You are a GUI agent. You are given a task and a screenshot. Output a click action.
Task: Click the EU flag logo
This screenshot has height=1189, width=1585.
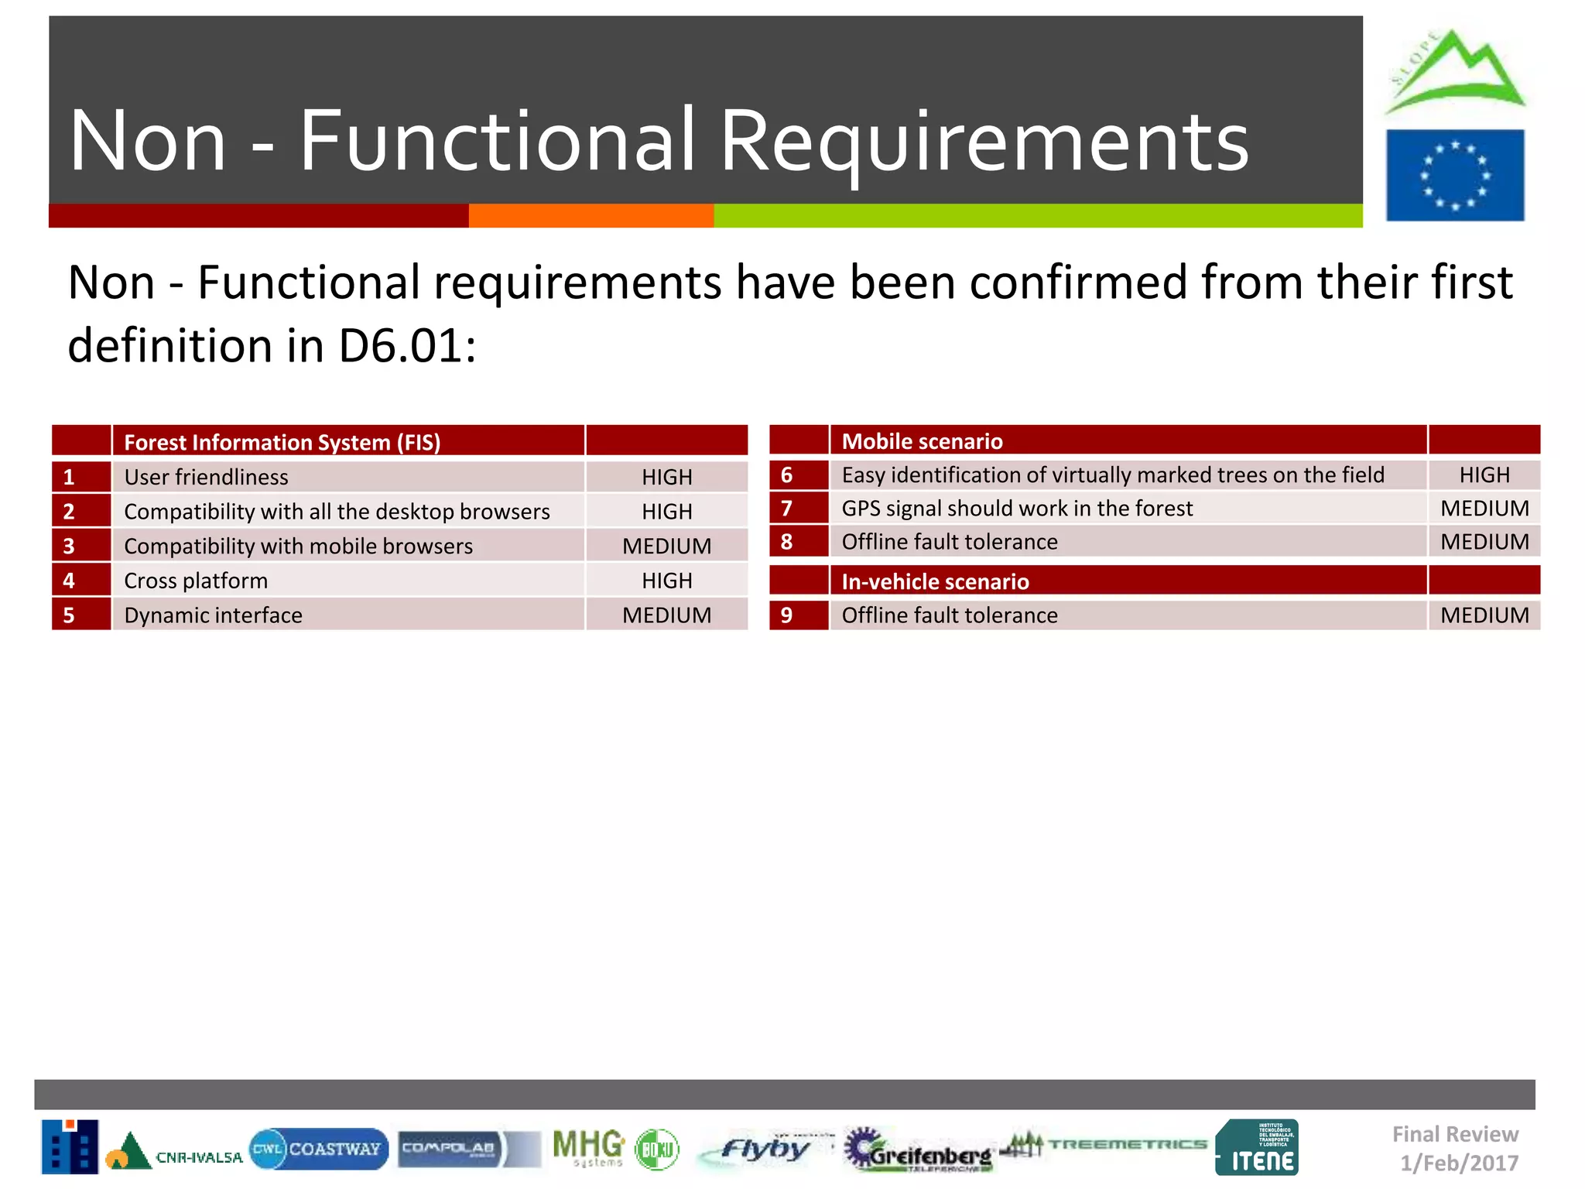pyautogui.click(x=1454, y=175)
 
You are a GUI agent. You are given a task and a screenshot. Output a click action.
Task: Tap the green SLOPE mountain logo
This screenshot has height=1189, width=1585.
pyautogui.click(x=1455, y=74)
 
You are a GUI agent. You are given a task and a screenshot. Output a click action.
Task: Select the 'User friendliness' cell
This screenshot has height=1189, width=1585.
pyautogui.click(x=206, y=477)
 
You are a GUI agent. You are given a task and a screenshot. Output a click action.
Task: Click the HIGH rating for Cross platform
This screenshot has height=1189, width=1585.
pyautogui.click(x=666, y=581)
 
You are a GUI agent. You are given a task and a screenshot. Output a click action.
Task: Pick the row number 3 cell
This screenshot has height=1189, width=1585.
pyautogui.click(x=80, y=546)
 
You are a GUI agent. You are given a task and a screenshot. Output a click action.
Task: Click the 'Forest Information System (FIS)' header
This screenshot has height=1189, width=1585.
pyautogui.click(x=282, y=442)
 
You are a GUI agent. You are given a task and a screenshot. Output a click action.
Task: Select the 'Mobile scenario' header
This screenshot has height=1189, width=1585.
pyautogui.click(x=922, y=441)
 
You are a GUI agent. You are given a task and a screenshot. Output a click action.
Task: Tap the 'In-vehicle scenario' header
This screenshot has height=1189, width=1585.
pyautogui.click(x=935, y=581)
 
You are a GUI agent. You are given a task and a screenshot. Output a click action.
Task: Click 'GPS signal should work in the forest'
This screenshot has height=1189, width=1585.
pyautogui.click(x=1017, y=509)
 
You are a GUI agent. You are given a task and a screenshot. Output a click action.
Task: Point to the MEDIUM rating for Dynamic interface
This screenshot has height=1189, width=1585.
pyautogui.click(x=666, y=615)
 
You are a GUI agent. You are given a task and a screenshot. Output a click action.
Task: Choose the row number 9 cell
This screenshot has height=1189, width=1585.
pyautogui.click(x=798, y=615)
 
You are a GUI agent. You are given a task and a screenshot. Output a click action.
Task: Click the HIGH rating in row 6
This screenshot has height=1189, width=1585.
pyautogui.click(x=1484, y=475)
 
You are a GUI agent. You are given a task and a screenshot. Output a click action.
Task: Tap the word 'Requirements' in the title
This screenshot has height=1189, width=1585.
pyautogui.click(x=984, y=141)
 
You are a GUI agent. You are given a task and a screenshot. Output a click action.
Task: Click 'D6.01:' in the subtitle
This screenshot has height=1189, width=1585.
pyautogui.click(x=407, y=345)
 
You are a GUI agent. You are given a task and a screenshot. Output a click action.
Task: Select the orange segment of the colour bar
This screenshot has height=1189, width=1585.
pyautogui.click(x=591, y=216)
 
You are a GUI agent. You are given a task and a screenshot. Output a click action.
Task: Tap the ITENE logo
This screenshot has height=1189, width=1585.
pyautogui.click(x=1257, y=1148)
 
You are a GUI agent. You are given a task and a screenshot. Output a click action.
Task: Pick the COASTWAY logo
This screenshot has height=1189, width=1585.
pyautogui.click(x=319, y=1149)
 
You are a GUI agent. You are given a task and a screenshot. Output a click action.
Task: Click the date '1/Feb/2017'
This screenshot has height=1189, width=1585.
pyautogui.click(x=1459, y=1163)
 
